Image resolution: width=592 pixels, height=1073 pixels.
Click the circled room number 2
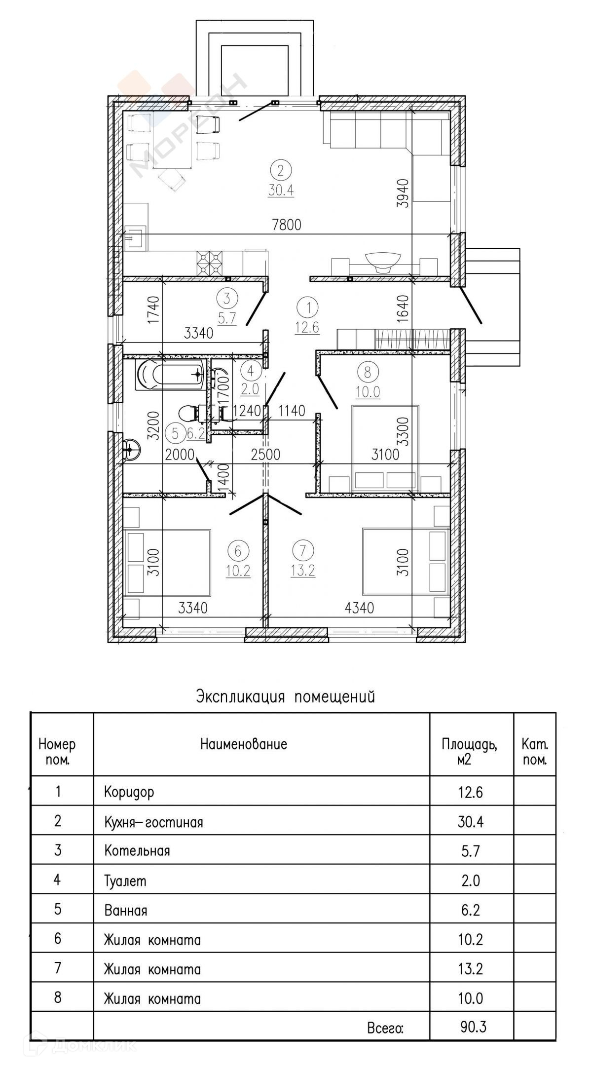coord(281,171)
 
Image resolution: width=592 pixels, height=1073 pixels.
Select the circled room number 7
coord(303,550)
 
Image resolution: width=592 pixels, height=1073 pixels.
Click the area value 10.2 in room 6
coord(238,571)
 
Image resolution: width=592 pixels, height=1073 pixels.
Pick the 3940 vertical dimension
coord(404,193)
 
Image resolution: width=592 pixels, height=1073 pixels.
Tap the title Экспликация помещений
coord(286,696)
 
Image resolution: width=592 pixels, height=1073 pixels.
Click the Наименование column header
coord(243,744)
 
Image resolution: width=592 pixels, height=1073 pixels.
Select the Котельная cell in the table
coord(137,851)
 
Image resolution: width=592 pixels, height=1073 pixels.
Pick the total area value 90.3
coord(473,1028)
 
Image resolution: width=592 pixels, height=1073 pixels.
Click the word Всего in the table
coord(385,1029)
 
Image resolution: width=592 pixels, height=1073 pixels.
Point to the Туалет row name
coord(125,881)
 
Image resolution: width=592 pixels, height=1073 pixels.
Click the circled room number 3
coord(227,299)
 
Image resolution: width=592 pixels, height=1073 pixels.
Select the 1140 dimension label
coord(292,411)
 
